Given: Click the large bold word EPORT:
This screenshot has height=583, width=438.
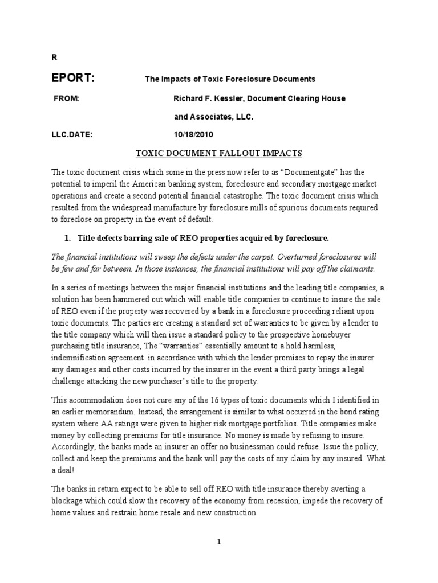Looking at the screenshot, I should (x=73, y=79).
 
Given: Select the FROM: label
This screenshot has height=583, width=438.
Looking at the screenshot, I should (x=66, y=98).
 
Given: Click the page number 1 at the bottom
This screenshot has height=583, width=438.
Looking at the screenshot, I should (x=218, y=542).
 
